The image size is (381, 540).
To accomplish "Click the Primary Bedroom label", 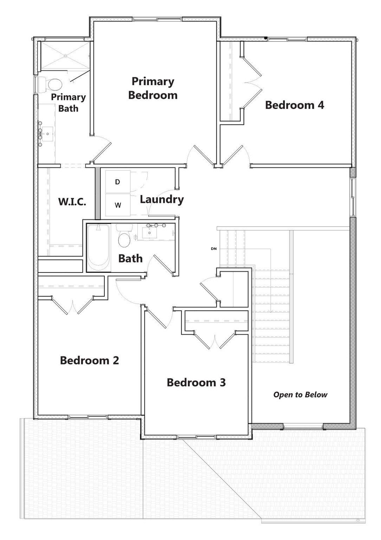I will point(153,88).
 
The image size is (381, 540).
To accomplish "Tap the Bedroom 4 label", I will point(294,105).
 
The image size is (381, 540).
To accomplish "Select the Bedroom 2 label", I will point(89,360).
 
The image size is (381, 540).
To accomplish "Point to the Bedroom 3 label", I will point(196,382).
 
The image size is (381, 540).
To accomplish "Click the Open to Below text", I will point(300,395).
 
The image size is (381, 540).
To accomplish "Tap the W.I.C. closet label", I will point(72,202).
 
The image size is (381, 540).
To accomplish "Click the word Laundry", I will point(162,200).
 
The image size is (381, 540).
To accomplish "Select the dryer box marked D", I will point(118,182).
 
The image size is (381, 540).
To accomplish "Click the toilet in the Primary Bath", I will point(53,84).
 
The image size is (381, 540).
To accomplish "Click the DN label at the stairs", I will point(213,249).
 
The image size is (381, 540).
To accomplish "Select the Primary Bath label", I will point(68,103).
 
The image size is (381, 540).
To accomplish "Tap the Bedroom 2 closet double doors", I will point(73,306).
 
